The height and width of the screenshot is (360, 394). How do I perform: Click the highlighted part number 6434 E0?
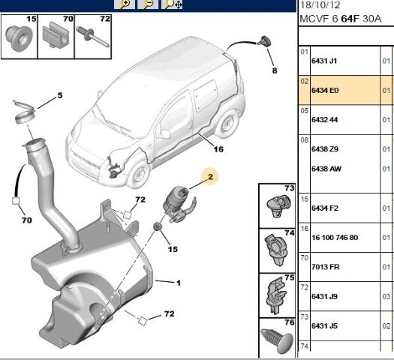[326, 90]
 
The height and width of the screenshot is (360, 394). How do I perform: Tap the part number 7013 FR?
[326, 266]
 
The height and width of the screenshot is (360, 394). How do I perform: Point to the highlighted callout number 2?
[211, 178]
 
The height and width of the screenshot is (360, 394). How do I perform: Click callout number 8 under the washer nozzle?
[274, 70]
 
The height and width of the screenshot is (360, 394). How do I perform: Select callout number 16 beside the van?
[218, 148]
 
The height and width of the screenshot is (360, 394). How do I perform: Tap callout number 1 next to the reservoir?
[179, 283]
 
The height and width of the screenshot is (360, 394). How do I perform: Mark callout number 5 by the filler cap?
[60, 95]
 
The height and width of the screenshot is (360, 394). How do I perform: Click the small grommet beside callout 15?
[157, 226]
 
